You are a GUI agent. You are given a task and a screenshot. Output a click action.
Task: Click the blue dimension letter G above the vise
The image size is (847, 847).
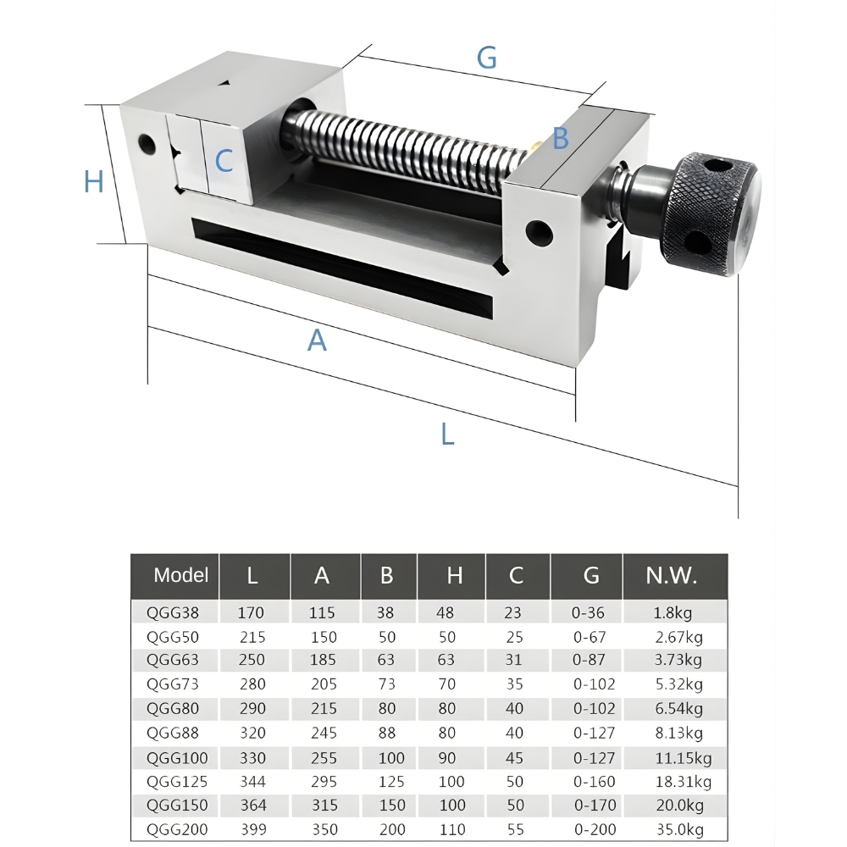(487, 58)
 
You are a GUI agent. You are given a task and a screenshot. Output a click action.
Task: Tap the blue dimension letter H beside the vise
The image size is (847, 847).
(94, 181)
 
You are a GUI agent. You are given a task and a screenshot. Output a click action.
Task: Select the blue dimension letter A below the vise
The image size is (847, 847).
(317, 340)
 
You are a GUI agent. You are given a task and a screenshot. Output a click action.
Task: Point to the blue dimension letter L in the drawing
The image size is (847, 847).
(448, 434)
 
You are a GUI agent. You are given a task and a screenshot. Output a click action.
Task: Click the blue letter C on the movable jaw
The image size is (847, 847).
(224, 161)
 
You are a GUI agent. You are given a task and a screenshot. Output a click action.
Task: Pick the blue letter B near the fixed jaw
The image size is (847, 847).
(561, 138)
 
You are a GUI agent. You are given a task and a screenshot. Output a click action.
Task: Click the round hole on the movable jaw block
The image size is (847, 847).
(147, 144)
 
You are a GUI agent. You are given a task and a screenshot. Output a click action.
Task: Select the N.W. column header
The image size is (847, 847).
(672, 576)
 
